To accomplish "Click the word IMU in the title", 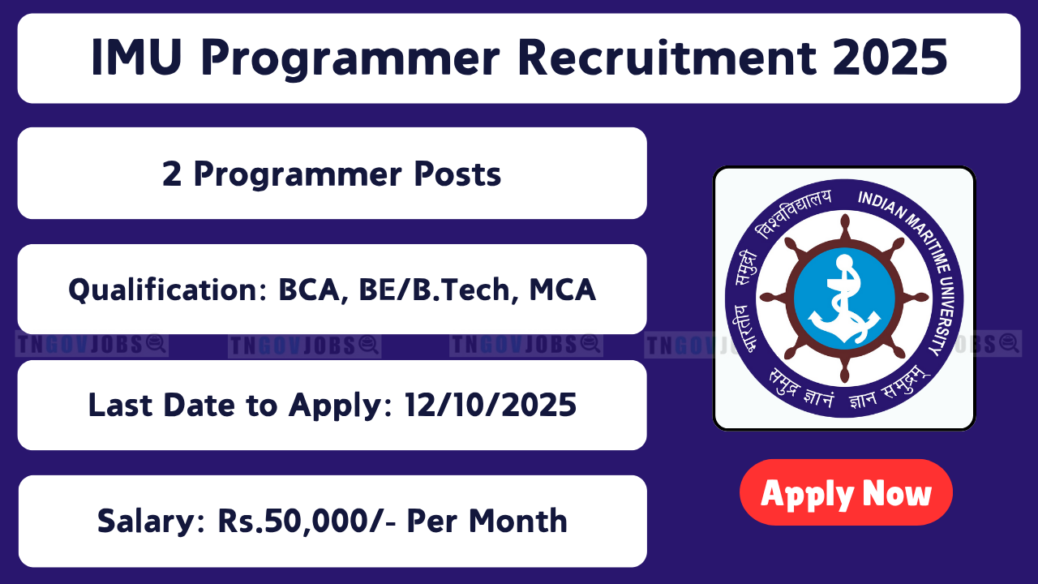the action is (x=136, y=58).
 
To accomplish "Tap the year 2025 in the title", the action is (x=890, y=58).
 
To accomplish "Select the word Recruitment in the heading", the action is (x=667, y=58).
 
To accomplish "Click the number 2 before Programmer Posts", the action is (x=171, y=174).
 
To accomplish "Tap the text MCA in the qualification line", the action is (x=563, y=290).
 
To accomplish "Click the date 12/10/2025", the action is (x=491, y=405).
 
